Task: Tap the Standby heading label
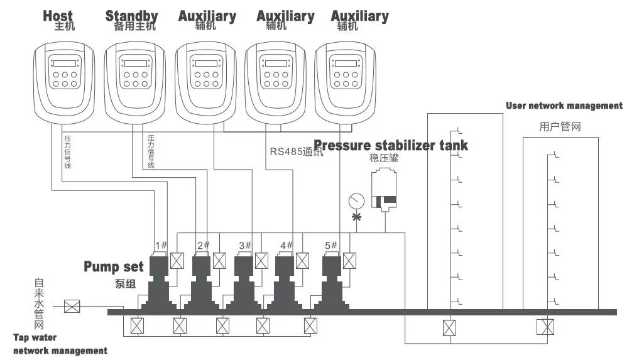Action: tap(131, 16)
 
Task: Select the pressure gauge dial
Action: tap(356, 201)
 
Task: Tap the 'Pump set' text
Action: tap(114, 266)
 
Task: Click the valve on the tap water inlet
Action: tap(73, 307)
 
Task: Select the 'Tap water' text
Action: tap(35, 338)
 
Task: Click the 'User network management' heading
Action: tap(564, 106)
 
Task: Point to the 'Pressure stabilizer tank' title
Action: tap(391, 145)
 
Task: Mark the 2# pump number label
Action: tap(204, 245)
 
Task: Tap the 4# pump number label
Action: tap(287, 245)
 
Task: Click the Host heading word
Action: tap(58, 16)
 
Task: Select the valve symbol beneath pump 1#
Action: tap(136, 326)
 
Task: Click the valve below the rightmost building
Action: tap(545, 327)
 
